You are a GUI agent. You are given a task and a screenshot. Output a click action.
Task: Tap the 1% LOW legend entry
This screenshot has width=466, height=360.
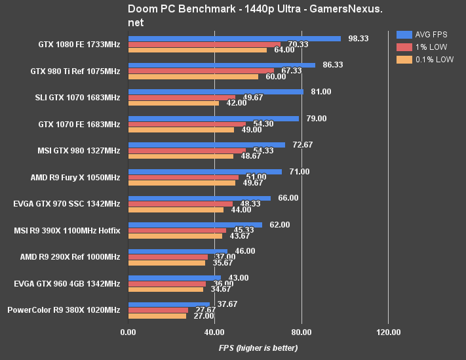[427, 47]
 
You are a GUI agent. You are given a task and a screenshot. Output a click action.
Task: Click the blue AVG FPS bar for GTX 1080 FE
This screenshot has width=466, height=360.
[235, 39]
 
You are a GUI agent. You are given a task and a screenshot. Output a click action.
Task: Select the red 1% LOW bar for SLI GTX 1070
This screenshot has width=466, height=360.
[182, 97]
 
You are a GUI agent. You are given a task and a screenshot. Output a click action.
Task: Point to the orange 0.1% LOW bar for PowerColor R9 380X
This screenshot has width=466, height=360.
[157, 315]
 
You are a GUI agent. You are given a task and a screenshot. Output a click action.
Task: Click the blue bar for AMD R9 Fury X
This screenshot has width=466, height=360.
[205, 172]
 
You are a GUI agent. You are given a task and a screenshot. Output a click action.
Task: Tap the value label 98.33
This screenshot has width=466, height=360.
[358, 39]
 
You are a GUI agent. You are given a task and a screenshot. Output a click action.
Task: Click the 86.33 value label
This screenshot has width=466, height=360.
[334, 65]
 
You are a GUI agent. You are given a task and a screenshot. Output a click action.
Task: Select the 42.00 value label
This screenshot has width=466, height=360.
[237, 103]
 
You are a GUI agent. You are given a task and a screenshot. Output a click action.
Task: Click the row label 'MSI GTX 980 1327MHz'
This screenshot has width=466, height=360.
[78, 151]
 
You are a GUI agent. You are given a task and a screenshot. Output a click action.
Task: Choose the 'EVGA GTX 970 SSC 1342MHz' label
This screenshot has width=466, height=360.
[68, 204]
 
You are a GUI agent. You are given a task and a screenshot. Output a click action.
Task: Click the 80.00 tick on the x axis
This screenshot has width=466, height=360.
[301, 332]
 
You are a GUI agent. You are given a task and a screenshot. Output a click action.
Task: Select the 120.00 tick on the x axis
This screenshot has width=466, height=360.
[388, 332]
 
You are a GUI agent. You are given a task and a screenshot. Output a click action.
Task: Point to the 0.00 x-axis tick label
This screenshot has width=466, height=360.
[128, 332]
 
